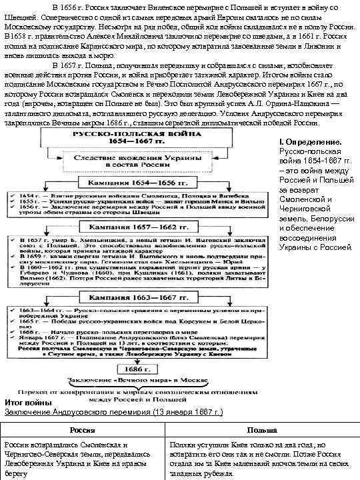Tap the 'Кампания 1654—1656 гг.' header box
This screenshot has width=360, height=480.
pyautogui.click(x=141, y=181)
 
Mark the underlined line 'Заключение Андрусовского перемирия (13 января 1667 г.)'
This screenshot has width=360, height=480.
pyautogui.click(x=113, y=413)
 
